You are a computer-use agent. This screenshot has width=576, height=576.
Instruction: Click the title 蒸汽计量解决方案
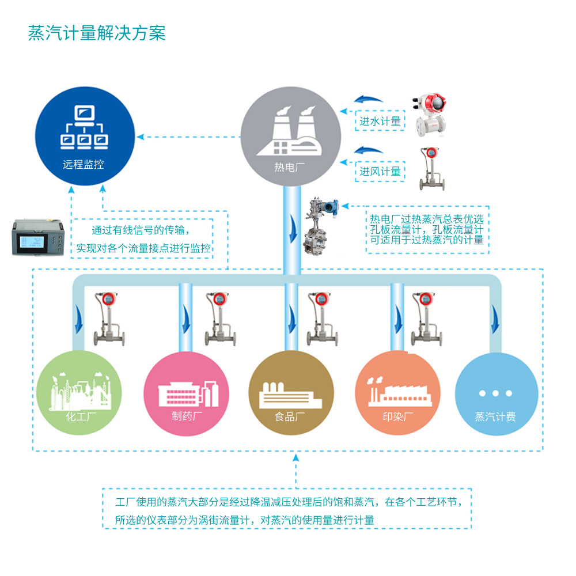tap(97, 33)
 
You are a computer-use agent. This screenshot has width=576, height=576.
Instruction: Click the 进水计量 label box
tap(380, 121)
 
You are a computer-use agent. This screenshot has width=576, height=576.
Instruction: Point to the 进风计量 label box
tap(380, 171)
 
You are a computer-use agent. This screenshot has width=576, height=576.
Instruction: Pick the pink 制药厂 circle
tap(186, 393)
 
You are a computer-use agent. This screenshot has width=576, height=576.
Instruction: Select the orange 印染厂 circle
tap(397, 393)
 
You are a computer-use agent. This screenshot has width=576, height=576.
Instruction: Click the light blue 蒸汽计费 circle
tap(496, 393)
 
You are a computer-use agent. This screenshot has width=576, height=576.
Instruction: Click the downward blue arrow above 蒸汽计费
tap(495, 325)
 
